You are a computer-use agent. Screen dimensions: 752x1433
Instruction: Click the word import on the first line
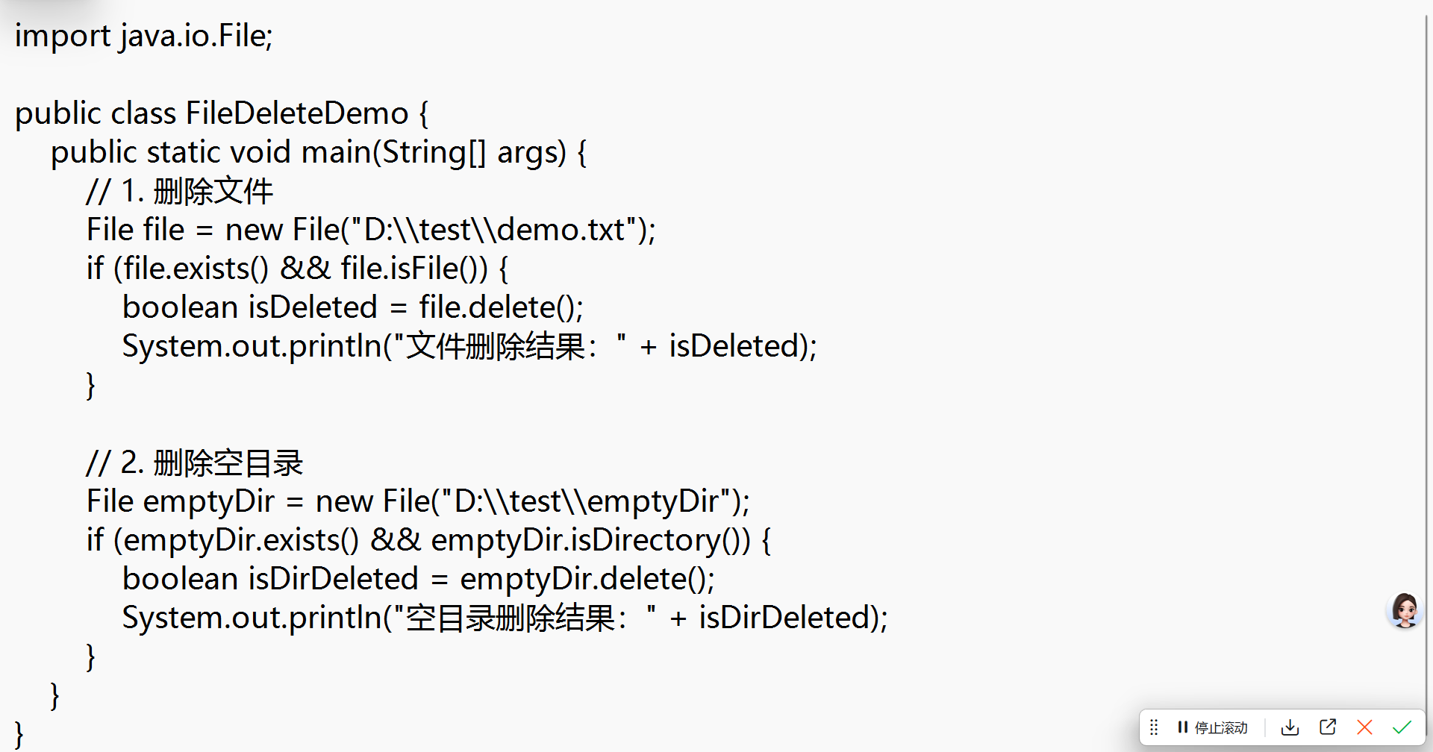point(62,37)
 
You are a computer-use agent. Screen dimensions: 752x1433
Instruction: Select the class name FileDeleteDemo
point(296,114)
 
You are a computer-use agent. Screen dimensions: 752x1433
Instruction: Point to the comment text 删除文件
point(213,192)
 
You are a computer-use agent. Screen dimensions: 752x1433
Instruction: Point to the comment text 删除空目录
point(228,463)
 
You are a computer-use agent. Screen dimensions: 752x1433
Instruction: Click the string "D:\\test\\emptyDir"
point(586,502)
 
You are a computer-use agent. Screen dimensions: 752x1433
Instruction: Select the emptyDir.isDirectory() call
point(590,541)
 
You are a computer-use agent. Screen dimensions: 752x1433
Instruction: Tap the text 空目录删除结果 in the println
point(511,618)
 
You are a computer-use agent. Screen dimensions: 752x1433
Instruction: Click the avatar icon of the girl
point(1405,611)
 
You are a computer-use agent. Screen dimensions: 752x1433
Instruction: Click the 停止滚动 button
point(1212,727)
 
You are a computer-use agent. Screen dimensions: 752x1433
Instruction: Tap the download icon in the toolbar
point(1290,727)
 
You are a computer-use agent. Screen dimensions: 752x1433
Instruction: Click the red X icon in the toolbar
point(1364,727)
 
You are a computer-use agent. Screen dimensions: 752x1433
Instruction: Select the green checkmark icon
point(1402,727)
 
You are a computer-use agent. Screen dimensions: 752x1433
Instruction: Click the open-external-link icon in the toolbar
point(1327,727)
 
